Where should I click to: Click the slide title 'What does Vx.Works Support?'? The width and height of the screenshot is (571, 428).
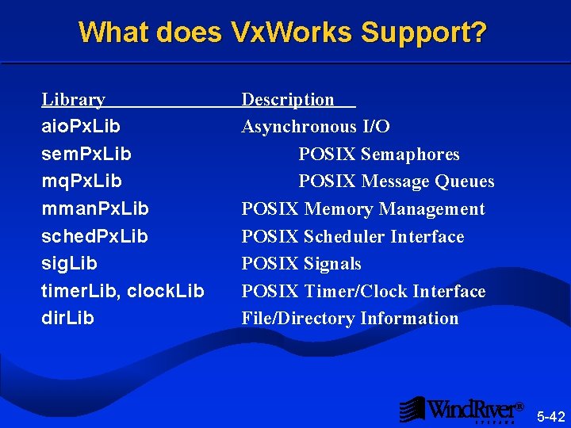pyautogui.click(x=283, y=33)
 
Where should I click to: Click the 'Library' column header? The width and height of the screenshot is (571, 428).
pyautogui.click(x=73, y=100)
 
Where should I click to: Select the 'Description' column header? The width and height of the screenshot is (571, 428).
pyautogui.click(x=289, y=100)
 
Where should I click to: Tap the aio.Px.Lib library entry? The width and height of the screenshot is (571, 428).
pyautogui.click(x=81, y=127)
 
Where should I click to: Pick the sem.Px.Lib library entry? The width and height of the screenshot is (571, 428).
pyautogui.click(x=86, y=154)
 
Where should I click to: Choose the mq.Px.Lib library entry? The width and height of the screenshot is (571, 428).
pyautogui.click(x=82, y=182)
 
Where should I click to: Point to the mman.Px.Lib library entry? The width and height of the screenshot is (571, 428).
pyautogui.click(x=94, y=209)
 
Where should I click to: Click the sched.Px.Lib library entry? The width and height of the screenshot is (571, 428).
pyautogui.click(x=94, y=236)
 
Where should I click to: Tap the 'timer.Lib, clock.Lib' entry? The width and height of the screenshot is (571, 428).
pyautogui.click(x=123, y=291)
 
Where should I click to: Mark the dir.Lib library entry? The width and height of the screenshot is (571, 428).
pyautogui.click(x=67, y=319)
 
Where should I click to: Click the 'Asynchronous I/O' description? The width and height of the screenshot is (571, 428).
pyautogui.click(x=316, y=127)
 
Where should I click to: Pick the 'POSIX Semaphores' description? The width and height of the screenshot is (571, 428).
pyautogui.click(x=379, y=154)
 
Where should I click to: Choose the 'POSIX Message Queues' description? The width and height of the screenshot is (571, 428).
pyautogui.click(x=397, y=182)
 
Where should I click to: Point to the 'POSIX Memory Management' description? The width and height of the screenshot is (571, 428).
pyautogui.click(x=363, y=209)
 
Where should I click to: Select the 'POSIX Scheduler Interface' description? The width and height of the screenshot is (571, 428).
pyautogui.click(x=353, y=236)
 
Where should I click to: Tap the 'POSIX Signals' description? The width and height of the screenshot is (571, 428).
pyautogui.click(x=301, y=264)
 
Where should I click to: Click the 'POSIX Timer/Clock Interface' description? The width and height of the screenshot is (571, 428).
pyautogui.click(x=363, y=291)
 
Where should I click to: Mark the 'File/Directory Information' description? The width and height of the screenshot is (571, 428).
pyautogui.click(x=350, y=319)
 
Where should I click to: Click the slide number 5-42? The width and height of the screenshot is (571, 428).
pyautogui.click(x=551, y=416)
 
